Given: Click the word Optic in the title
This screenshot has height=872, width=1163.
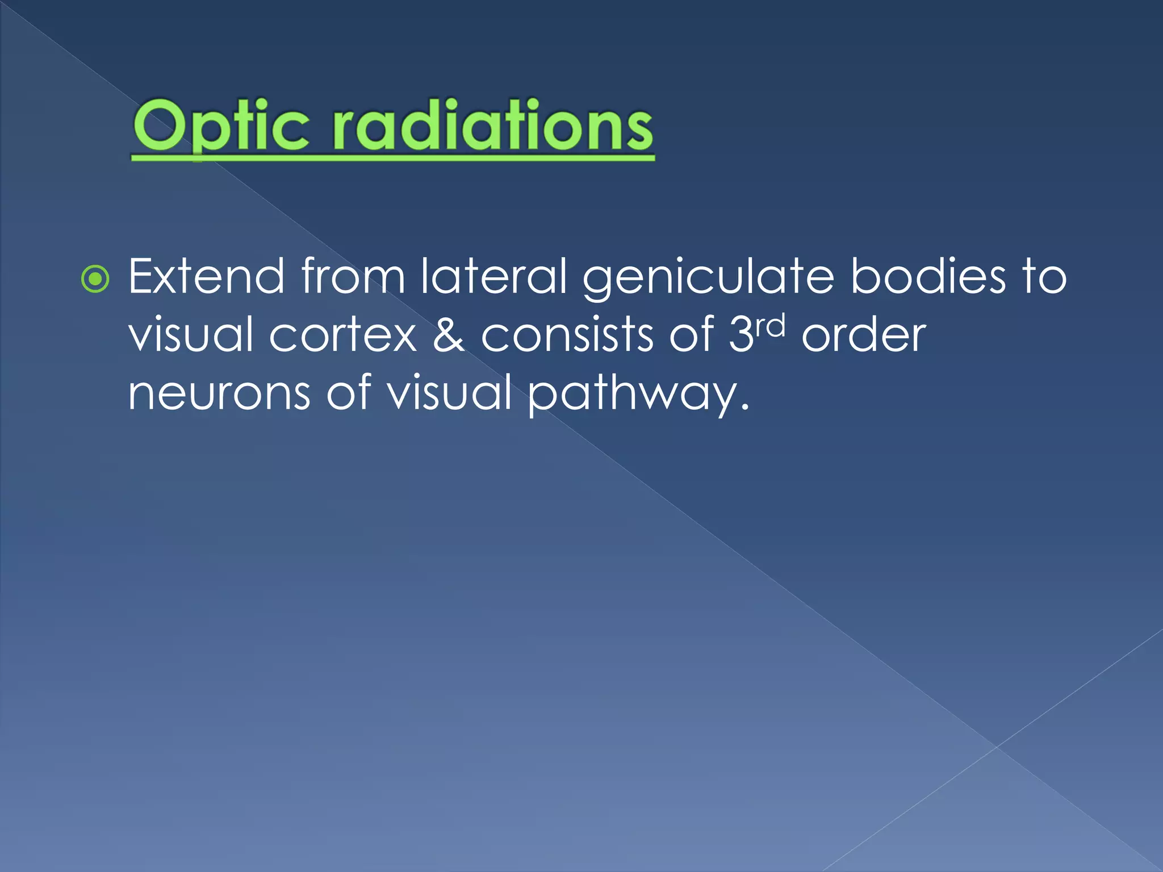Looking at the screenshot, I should tap(221, 126).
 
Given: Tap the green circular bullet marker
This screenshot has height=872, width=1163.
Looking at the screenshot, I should tap(95, 279).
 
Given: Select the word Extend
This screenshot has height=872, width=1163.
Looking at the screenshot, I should tap(206, 276).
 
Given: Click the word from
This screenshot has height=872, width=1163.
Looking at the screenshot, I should tap(353, 276).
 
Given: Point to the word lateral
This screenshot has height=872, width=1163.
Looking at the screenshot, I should tap(493, 276).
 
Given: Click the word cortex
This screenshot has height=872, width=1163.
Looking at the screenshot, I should tap(343, 336).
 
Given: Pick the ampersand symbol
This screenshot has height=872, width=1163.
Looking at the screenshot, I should tap(449, 336).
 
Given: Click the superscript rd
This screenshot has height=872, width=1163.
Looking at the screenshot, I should tap(770, 325).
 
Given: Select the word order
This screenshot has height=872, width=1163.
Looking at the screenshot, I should tap(864, 336).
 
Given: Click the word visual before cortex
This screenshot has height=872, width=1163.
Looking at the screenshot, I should tap(191, 336).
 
